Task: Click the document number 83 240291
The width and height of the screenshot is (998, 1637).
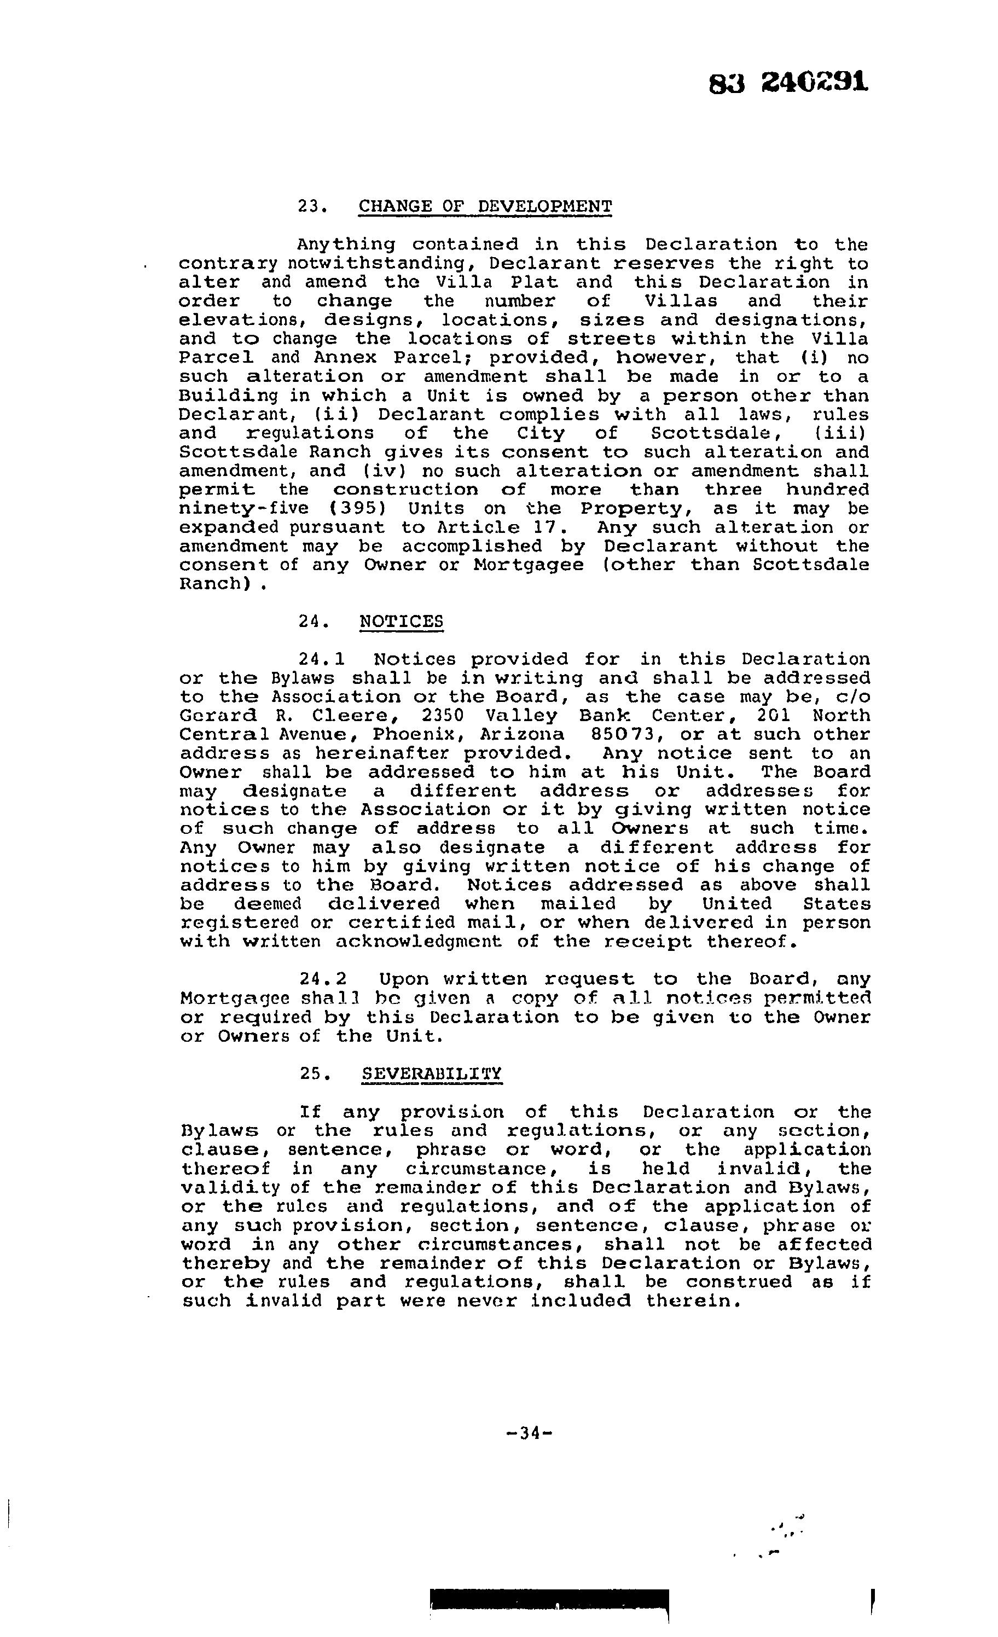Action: [788, 83]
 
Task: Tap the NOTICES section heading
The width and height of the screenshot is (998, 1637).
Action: [401, 622]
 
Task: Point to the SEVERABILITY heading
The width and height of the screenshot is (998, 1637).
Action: [431, 1075]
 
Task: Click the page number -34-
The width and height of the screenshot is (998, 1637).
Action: [529, 1433]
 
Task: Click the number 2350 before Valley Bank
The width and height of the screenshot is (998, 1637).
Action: [444, 716]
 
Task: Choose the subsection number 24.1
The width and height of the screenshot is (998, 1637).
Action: [322, 660]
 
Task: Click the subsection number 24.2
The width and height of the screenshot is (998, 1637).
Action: [322, 980]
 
